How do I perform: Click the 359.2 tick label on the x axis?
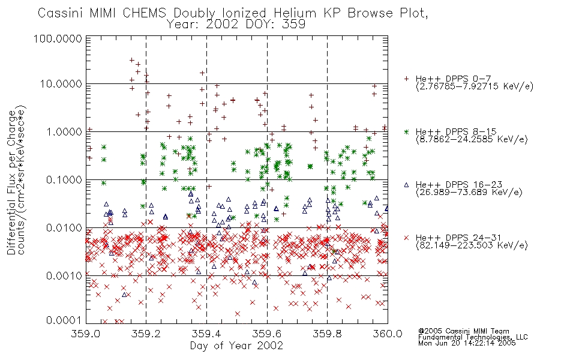(146, 334)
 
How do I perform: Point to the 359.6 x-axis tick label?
(267, 334)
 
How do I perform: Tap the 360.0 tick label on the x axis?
(388, 334)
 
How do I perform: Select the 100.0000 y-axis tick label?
(58, 38)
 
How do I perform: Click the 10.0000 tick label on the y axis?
(61, 84)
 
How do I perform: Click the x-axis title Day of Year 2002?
(236, 346)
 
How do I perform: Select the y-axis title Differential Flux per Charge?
(11, 182)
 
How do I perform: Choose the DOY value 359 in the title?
(295, 25)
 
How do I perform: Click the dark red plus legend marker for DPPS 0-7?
(406, 79)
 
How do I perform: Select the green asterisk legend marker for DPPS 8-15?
(406, 131)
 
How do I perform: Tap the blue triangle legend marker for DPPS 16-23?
(406, 185)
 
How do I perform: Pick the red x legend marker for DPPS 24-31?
(406, 238)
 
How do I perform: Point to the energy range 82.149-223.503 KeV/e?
(472, 245)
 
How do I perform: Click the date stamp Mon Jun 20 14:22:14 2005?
(467, 343)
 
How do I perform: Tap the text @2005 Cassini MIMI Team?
(463, 331)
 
